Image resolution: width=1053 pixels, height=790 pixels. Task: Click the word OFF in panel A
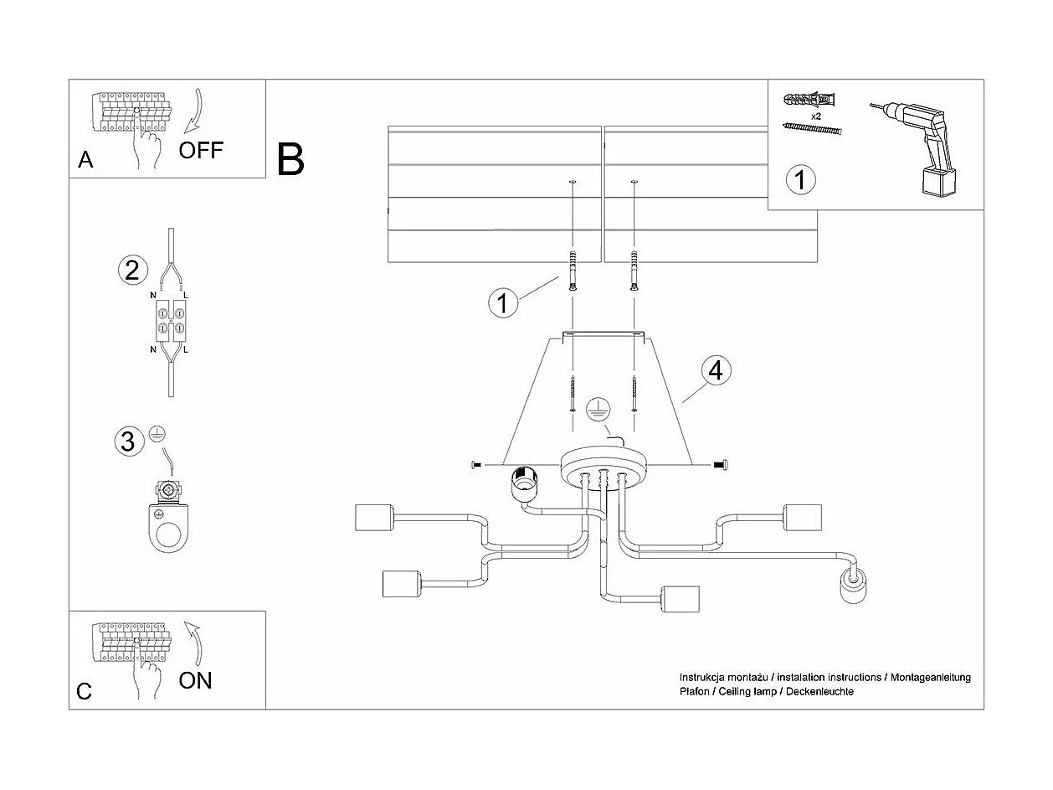click(202, 150)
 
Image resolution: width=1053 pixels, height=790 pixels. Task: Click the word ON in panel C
click(195, 679)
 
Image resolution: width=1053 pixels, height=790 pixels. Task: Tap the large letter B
click(290, 159)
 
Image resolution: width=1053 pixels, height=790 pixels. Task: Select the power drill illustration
click(918, 147)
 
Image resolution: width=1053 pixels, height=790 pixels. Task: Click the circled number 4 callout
click(715, 370)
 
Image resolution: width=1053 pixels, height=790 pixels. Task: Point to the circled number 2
click(131, 270)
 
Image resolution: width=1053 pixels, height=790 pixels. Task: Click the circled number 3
click(127, 441)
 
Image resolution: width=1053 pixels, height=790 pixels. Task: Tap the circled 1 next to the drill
click(801, 179)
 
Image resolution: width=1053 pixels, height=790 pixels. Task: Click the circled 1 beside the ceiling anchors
click(502, 302)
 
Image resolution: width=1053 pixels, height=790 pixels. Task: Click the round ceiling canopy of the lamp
click(603, 465)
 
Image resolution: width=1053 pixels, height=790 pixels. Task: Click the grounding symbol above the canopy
click(596, 409)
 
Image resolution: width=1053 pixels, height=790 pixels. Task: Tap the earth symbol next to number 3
click(156, 433)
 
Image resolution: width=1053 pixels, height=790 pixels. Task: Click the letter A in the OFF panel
click(85, 160)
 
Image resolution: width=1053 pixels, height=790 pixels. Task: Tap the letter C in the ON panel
click(84, 691)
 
